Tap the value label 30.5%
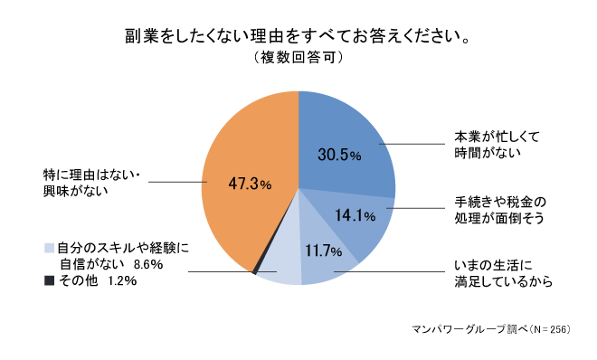pos(339,155)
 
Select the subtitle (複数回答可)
pos(298,58)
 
